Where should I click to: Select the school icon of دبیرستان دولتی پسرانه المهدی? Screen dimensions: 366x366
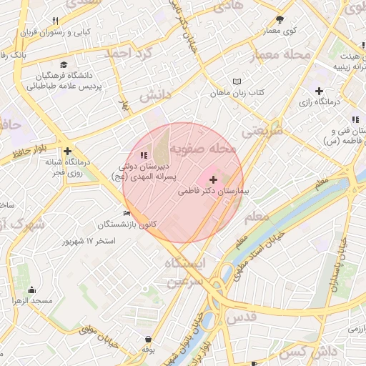point(144,155)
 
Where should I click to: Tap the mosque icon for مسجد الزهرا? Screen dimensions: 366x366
point(31,290)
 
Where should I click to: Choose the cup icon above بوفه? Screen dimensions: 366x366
point(148,339)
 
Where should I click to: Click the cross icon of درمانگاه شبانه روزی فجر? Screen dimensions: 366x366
point(67,151)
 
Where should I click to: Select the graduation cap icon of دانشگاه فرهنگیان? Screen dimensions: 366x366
point(65,64)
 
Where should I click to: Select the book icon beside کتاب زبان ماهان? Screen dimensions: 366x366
point(237,81)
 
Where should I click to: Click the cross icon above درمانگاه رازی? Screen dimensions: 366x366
point(319,91)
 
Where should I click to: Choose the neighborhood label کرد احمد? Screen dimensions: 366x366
point(129,54)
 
